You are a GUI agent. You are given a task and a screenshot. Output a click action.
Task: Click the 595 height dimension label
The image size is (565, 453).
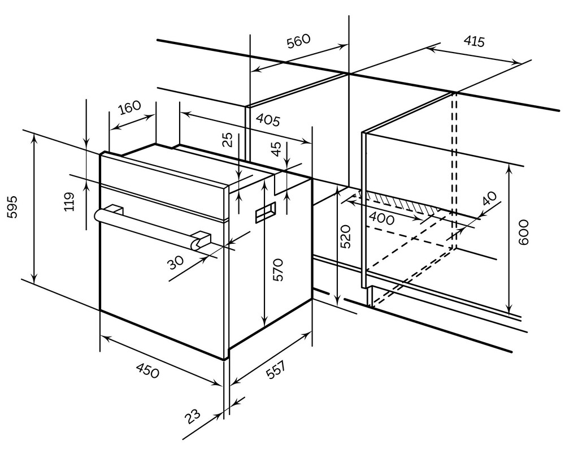click(12, 208)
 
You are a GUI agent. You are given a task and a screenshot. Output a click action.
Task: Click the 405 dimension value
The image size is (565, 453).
click(268, 119)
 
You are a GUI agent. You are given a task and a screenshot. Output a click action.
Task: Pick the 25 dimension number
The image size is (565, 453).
click(227, 140)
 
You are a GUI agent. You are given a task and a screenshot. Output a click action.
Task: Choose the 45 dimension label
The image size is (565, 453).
click(276, 149)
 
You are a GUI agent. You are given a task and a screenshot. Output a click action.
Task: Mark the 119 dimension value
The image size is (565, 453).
click(69, 202)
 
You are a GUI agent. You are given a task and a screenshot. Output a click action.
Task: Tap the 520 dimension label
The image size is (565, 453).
click(346, 237)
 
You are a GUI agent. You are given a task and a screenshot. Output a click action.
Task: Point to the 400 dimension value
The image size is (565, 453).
click(382, 217)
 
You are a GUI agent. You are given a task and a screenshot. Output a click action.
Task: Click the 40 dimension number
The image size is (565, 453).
click(489, 200)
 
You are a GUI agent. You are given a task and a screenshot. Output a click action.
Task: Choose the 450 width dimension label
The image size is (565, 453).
click(148, 371)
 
